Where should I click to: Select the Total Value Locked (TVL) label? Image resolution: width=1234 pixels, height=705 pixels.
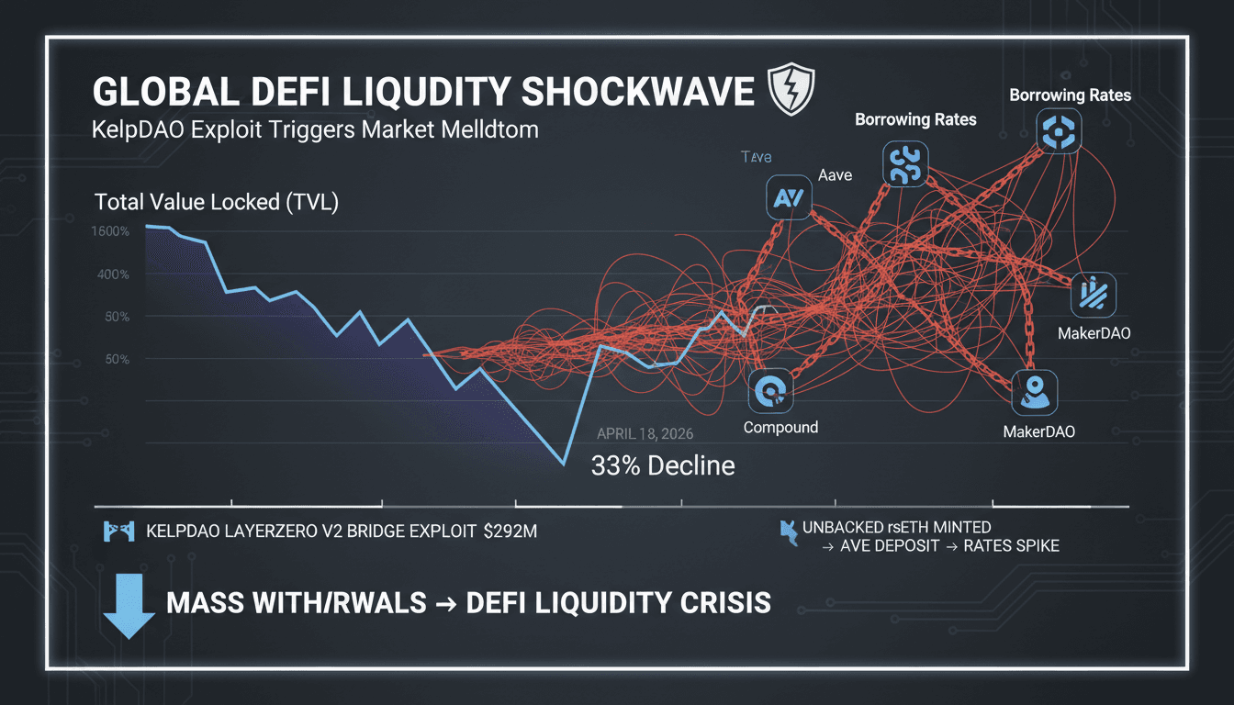tap(217, 203)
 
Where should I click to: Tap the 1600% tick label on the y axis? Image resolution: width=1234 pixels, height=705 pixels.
tap(110, 231)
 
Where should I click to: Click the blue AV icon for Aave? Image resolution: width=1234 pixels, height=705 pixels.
tap(788, 197)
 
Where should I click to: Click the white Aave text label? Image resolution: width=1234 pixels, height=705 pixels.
tap(835, 174)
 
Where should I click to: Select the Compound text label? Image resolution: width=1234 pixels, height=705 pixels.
tap(780, 428)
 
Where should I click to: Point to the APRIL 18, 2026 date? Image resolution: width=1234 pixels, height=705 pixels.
tap(645, 434)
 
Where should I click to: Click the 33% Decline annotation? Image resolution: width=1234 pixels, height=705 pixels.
tap(662, 465)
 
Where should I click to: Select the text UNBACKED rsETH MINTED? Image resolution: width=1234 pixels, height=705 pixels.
tap(896, 527)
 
